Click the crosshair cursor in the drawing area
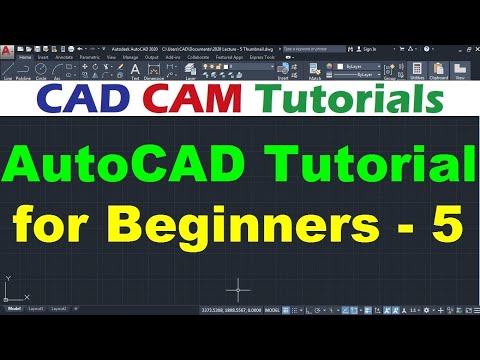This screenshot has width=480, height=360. pyautogui.click(x=238, y=289)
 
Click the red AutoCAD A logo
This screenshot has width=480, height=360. pyautogui.click(x=8, y=49)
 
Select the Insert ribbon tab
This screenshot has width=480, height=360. pyautogui.click(x=43, y=57)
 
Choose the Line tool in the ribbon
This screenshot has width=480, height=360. pyautogui.click(x=8, y=69)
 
